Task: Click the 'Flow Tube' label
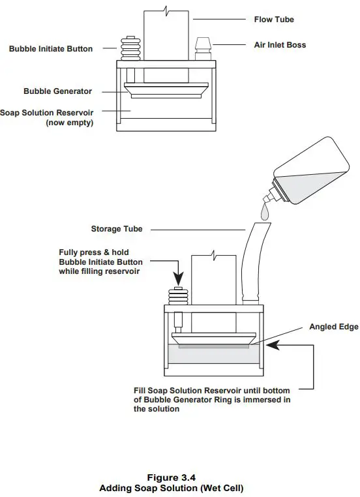click(274, 20)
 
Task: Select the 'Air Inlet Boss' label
click(280, 44)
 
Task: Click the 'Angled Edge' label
click(333, 327)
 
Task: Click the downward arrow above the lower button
click(178, 271)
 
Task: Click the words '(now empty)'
click(68, 123)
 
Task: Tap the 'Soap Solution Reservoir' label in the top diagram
click(46, 113)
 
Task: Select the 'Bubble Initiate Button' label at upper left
click(51, 49)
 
